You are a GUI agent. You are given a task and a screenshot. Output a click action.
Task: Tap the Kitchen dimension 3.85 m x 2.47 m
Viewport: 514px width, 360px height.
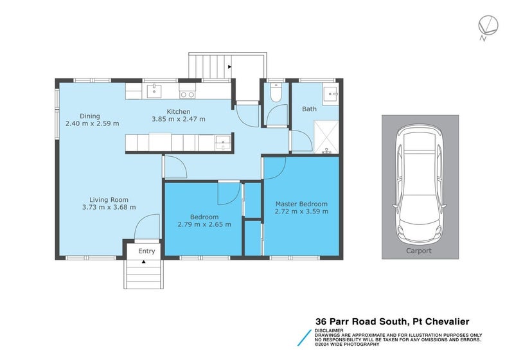[x=178, y=119]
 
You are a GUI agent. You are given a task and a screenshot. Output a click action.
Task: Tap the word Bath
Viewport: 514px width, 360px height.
[x=310, y=109]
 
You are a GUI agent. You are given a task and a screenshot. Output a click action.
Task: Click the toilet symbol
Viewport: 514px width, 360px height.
[x=275, y=94]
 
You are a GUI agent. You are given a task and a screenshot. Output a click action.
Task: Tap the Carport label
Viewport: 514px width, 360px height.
[x=419, y=251]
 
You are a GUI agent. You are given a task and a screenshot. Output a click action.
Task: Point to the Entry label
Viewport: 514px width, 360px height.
[x=146, y=251]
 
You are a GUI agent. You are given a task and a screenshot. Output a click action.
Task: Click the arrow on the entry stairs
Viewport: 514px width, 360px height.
[x=143, y=262]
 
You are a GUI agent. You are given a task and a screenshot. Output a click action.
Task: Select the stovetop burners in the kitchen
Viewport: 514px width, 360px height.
[x=187, y=94]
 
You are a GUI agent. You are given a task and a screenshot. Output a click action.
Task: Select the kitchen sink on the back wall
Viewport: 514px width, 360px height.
[x=154, y=92]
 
